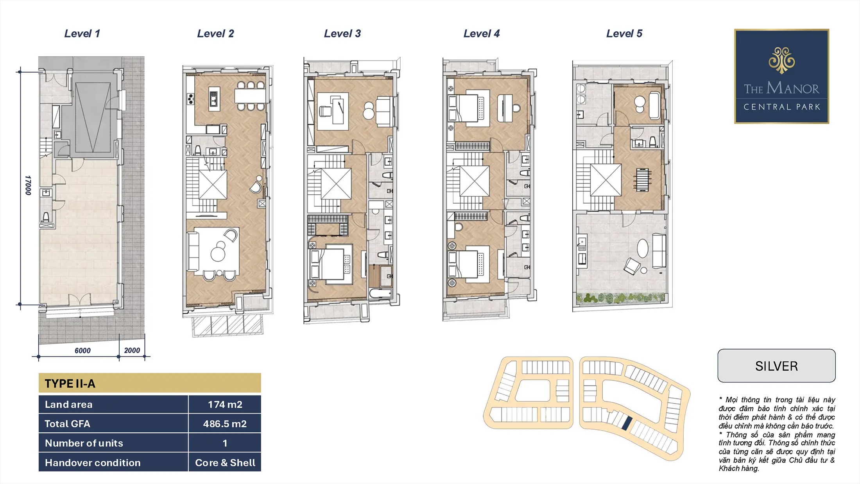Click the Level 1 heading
(82, 34)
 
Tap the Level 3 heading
(342, 34)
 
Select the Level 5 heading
(624, 34)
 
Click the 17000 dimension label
(28, 185)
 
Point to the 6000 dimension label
(82, 351)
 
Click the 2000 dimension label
(132, 350)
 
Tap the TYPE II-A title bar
(150, 383)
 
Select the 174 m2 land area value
(225, 405)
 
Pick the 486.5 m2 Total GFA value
(225, 424)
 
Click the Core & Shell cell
(225, 462)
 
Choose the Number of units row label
(84, 443)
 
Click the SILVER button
(776, 366)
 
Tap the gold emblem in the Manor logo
(782, 60)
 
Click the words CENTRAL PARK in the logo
(782, 107)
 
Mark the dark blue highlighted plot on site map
(627, 423)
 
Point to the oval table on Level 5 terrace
(643, 248)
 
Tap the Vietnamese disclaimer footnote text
(777, 434)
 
